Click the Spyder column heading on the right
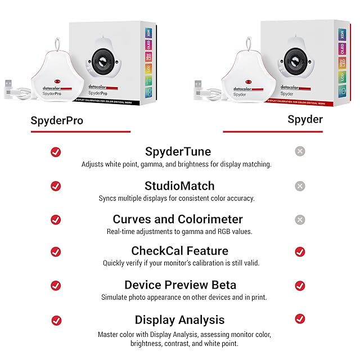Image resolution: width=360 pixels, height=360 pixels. coord(305,119)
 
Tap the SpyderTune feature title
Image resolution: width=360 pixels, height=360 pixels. coord(178,152)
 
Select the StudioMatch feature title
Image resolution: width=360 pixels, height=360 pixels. coord(179,186)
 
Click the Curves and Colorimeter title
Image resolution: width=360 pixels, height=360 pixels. coord(178,219)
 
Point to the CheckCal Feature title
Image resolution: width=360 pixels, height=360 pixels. coord(179,251)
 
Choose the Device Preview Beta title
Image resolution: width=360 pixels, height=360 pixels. coord(180,285)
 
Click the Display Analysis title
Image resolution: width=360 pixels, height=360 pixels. coord(179,320)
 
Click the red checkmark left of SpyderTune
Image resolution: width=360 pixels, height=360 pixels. coord(56,152)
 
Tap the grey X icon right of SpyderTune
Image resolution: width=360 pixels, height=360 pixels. coord(300,151)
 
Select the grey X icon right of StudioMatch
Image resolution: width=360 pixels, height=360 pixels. coord(300,186)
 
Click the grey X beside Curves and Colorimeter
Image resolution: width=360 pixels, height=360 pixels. coord(300,220)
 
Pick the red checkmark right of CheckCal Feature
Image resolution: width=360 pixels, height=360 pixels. coord(300,251)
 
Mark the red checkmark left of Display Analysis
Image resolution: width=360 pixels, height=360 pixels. coord(56,320)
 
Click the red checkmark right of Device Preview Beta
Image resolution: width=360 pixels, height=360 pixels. coord(300,285)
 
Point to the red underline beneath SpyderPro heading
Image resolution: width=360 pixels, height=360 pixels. coord(80,132)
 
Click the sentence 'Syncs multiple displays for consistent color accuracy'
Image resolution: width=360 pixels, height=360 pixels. coord(176,198)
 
